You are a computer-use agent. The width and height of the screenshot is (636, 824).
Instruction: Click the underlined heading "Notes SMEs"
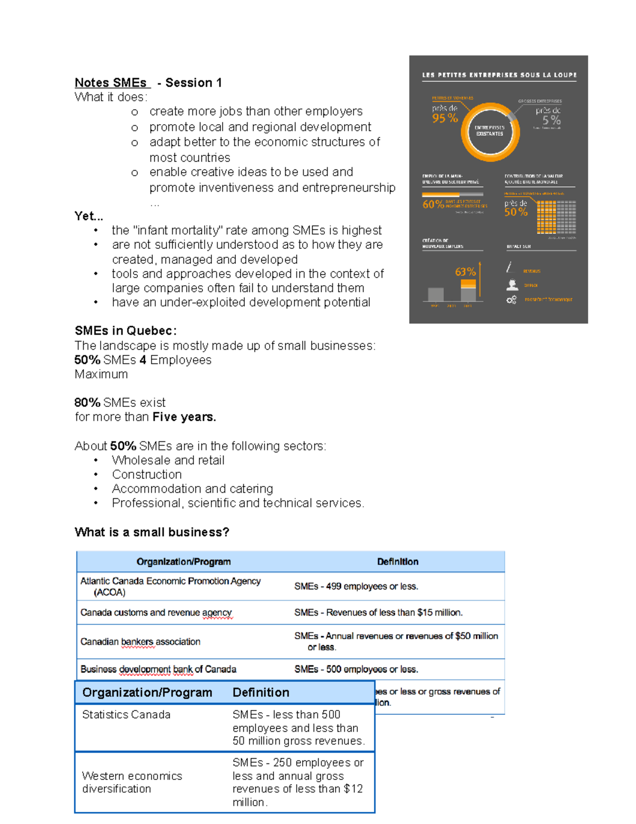pos(111,83)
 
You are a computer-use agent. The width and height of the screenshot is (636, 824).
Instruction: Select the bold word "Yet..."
pos(89,216)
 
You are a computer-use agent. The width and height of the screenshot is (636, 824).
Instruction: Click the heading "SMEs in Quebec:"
pos(126,331)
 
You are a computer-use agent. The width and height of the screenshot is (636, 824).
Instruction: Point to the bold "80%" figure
pos(87,402)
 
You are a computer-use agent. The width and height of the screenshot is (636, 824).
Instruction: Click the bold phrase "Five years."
pos(184,417)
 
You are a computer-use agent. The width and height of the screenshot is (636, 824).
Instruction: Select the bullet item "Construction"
pos(147,474)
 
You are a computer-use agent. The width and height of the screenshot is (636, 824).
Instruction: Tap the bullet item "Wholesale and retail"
pos(168,460)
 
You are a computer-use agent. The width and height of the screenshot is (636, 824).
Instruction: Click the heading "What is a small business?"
pos(152,532)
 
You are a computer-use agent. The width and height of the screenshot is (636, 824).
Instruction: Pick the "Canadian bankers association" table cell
pos(140,641)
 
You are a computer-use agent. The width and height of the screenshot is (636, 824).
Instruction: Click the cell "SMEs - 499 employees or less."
pos(356,586)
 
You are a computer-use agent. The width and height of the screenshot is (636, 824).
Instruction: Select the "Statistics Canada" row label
pos(126,715)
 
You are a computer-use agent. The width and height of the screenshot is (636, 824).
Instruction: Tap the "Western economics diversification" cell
pos(132,782)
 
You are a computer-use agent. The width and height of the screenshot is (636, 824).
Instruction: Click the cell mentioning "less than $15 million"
pos(378,612)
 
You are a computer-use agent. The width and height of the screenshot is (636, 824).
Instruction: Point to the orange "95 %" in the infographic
pos(445,118)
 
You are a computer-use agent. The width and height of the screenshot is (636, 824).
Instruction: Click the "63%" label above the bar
pos(465,272)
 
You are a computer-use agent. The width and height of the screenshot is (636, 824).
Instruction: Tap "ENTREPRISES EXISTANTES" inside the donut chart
pos(490,131)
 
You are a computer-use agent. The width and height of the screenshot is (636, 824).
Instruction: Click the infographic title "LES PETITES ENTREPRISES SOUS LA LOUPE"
pos(499,75)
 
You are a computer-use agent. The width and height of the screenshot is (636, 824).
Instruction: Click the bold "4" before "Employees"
pos(143,360)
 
